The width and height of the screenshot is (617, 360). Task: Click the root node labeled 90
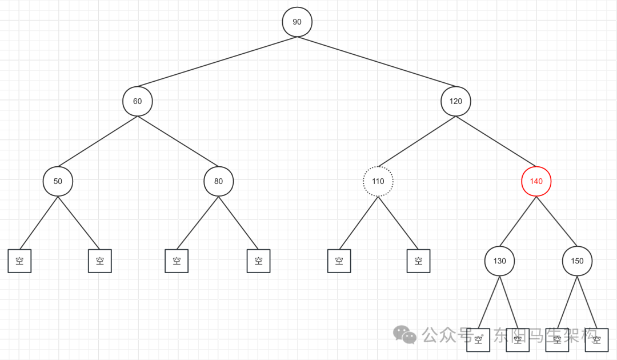(297, 22)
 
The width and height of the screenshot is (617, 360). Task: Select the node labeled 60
(138, 102)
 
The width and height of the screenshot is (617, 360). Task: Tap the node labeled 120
(456, 102)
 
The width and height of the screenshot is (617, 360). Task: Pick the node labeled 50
(58, 182)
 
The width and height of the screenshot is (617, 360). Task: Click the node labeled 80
(219, 182)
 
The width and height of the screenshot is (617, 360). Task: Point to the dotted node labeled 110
(378, 182)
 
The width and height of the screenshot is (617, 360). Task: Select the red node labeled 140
(536, 182)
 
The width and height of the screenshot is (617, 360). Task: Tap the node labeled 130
(499, 261)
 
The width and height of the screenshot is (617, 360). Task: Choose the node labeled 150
(577, 261)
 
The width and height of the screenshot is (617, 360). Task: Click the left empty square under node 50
(19, 261)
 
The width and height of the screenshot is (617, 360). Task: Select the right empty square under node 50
(100, 261)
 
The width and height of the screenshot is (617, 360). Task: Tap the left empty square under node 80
(177, 261)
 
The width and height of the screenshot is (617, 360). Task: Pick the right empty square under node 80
(258, 261)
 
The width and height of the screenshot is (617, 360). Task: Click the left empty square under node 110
(339, 261)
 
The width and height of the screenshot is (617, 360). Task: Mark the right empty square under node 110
(419, 261)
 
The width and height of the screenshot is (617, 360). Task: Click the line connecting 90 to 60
(217, 62)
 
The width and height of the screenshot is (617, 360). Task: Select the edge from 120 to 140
(496, 142)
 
